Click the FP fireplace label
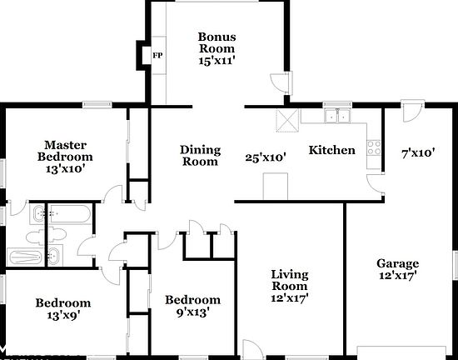157,55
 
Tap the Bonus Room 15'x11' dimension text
217,61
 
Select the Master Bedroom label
65,151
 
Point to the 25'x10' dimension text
265,157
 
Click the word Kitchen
331,150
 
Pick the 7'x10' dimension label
418,152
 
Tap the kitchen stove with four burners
374,147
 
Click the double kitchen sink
337,116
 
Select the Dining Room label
200,156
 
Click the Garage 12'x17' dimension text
397,275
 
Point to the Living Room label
290,280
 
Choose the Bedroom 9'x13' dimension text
193,312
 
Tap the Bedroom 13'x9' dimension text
63,315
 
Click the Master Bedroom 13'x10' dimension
65,168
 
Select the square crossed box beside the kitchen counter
287,120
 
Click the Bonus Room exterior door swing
280,82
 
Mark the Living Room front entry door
253,349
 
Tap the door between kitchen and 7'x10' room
375,184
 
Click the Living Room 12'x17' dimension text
290,298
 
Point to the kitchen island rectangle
276,187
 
